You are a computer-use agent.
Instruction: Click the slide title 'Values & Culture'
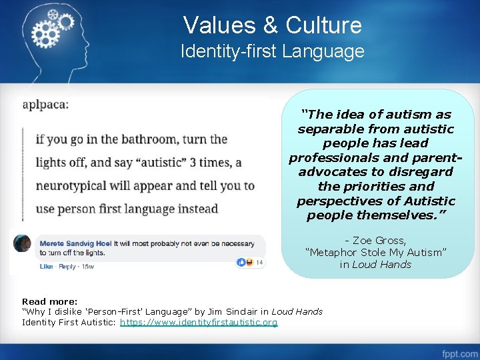tap(272, 25)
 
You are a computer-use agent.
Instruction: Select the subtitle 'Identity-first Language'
tap(272, 51)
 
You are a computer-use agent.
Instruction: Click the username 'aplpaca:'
tap(45, 105)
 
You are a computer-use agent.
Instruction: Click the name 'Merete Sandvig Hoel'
tap(75, 243)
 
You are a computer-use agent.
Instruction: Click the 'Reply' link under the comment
tap(67, 267)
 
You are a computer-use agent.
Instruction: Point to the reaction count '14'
tap(260, 263)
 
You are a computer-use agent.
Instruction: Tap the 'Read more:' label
tap(49, 301)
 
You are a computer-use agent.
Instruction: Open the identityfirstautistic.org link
tap(199, 323)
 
